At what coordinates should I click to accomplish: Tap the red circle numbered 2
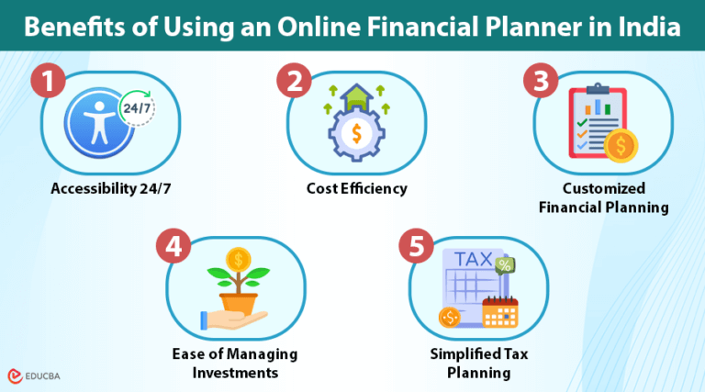pos(296,81)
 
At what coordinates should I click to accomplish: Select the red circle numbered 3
pos(542,81)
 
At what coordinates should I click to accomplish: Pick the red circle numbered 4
pos(173,245)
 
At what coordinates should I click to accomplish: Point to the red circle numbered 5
pos(418,246)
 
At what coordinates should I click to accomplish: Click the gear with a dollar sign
pos(351,135)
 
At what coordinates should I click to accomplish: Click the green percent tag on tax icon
pos(502,265)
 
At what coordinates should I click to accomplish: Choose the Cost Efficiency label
pos(356,189)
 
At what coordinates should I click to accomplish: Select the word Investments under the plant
pos(235,372)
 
